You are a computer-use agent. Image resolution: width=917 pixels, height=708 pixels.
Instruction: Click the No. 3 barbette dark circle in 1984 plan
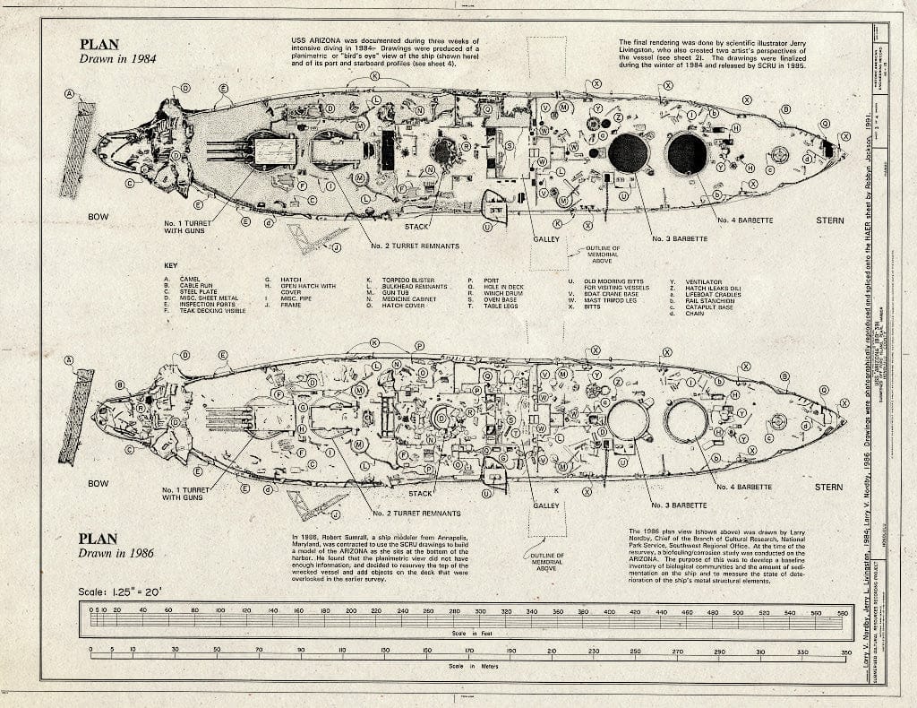point(628,153)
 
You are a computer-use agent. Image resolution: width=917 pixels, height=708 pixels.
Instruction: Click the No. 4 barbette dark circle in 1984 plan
point(687,153)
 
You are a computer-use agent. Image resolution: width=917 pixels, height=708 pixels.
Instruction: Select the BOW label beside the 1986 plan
point(99,484)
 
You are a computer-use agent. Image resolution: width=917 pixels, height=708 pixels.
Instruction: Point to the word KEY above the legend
point(171,265)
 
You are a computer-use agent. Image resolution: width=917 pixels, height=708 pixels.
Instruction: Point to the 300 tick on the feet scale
point(479,611)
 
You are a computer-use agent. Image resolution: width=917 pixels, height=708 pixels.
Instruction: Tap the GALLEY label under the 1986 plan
point(546,505)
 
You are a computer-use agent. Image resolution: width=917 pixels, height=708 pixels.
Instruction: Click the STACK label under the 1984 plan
point(416,226)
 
